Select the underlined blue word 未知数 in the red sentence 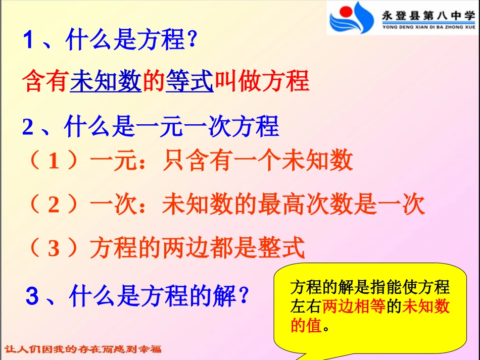[x=106, y=81]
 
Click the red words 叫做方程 [x=261, y=81]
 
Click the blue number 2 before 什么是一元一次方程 [x=27, y=128]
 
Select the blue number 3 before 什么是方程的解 [x=31, y=297]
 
